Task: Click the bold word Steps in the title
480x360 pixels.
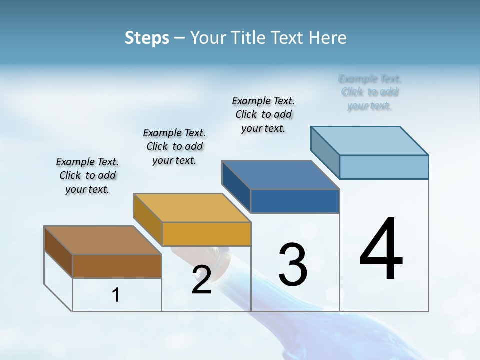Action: [x=147, y=38]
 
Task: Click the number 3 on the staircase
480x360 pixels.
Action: [x=292, y=264]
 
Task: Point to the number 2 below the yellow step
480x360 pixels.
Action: [x=201, y=280]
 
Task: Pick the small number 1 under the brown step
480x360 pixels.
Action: [x=116, y=295]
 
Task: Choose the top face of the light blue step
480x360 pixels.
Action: [x=370, y=141]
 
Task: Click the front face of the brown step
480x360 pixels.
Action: [x=117, y=266]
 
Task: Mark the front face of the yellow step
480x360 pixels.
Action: [x=206, y=234]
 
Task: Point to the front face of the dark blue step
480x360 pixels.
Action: [x=295, y=201]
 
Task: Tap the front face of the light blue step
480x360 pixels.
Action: [x=384, y=167]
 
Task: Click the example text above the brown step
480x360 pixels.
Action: [x=87, y=175]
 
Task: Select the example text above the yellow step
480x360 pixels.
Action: [x=174, y=146]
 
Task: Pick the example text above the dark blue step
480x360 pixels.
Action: [x=263, y=114]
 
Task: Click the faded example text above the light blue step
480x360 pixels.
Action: [x=369, y=92]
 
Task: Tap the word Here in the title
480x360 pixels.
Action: [x=328, y=38]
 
